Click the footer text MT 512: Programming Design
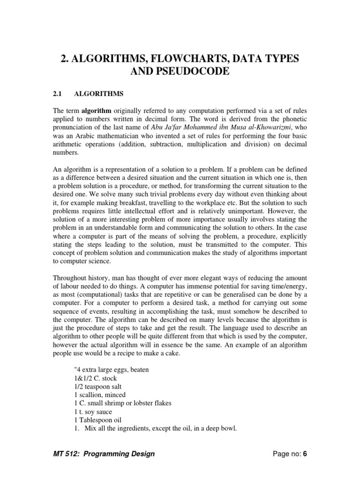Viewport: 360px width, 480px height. [x=103, y=454]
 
